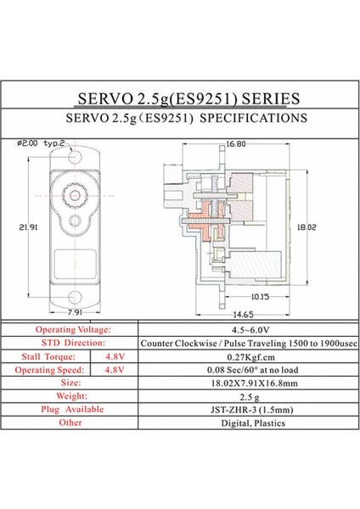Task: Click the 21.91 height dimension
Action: pos(28,227)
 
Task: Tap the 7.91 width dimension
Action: pos(75,312)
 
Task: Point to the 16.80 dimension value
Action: pos(236,144)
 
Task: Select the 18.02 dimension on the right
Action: pos(307,227)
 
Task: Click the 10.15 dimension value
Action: pos(260,297)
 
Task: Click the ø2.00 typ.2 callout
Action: pos(41,143)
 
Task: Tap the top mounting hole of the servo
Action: pos(75,157)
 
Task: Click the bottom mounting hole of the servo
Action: pos(75,297)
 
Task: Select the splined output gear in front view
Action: pos(75,195)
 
